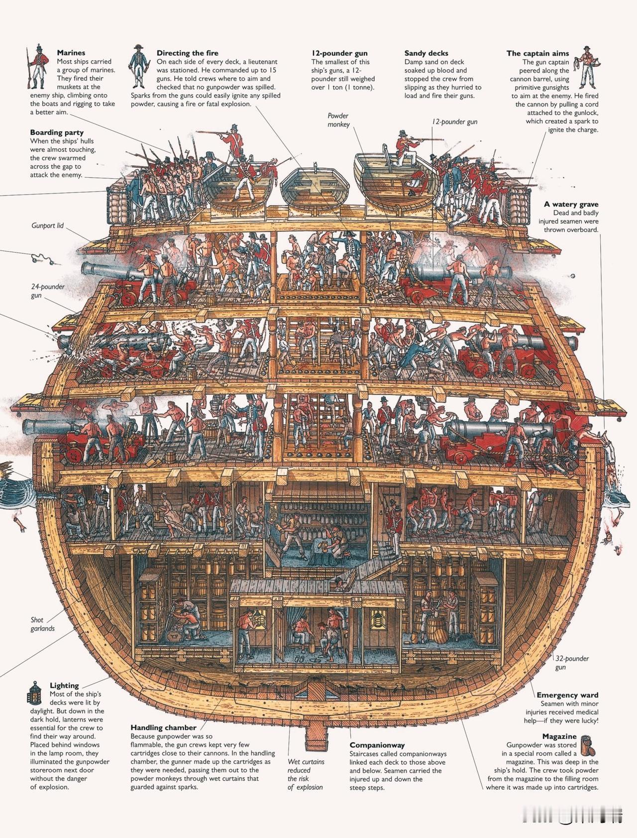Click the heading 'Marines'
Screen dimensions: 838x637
pyautogui.click(x=71, y=53)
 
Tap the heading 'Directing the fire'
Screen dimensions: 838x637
pyautogui.click(x=187, y=53)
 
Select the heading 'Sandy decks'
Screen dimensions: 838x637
pyautogui.click(x=426, y=53)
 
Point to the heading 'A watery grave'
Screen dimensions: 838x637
pyautogui.click(x=571, y=204)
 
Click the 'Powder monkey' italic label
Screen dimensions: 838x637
pyautogui.click(x=338, y=120)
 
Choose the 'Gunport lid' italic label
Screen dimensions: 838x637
pyautogui.click(x=47, y=226)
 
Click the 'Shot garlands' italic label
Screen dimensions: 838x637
pyautogui.click(x=42, y=624)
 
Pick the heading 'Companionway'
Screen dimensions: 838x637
pyautogui.click(x=377, y=745)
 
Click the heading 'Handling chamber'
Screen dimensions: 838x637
pyautogui.click(x=163, y=727)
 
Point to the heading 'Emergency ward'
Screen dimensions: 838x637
pyautogui.click(x=567, y=695)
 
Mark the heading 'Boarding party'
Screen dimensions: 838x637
pyautogui.click(x=57, y=132)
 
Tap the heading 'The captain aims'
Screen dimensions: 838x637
pyautogui.click(x=537, y=53)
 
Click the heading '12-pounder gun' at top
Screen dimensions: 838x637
pyautogui.click(x=339, y=53)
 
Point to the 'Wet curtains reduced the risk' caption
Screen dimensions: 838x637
pyautogui.click(x=306, y=774)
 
